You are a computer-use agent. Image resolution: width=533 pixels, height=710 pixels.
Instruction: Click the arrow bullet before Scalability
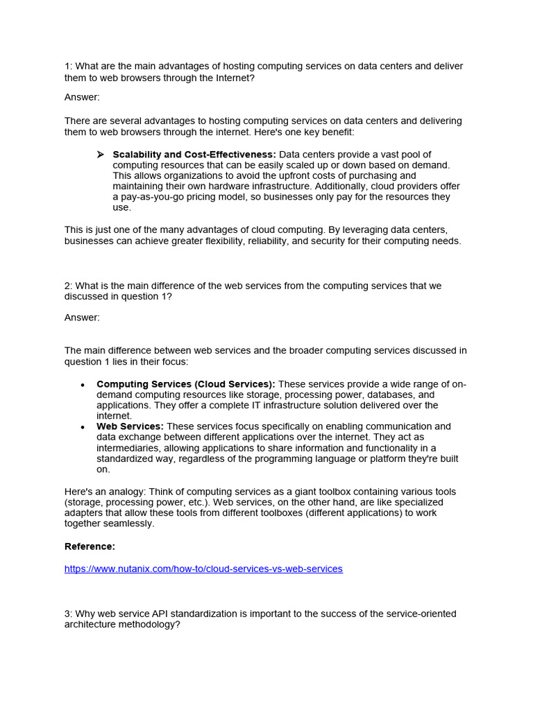[101, 154]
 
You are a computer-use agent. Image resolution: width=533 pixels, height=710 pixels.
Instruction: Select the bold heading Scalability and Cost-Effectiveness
[194, 154]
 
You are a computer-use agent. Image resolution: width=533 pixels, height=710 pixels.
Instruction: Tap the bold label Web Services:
[130, 426]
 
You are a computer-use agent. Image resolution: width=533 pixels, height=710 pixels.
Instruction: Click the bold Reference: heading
[90, 546]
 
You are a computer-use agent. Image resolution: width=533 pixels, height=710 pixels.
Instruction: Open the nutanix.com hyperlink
[203, 569]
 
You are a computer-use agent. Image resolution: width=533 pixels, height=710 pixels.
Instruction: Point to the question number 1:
[68, 66]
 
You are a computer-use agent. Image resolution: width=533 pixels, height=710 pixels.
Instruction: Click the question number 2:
[68, 286]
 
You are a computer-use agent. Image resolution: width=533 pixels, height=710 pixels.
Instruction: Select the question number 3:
[68, 614]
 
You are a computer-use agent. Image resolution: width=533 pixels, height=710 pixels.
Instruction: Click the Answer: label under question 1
[82, 97]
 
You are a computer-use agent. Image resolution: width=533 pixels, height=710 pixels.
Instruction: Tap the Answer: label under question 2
[82, 318]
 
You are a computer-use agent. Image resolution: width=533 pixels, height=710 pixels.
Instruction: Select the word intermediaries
[127, 448]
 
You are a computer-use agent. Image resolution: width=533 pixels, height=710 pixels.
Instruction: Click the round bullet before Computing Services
[83, 385]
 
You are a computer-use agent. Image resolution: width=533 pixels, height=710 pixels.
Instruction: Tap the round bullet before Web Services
[83, 427]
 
